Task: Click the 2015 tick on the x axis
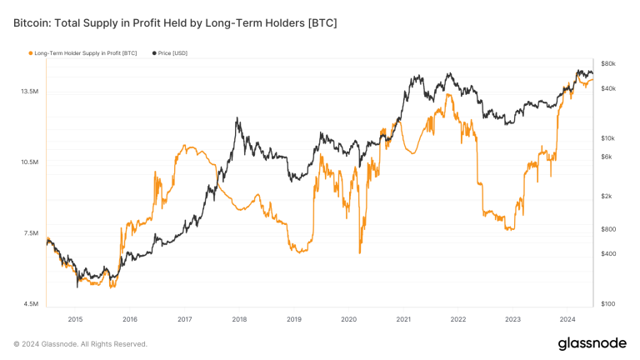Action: tap(75, 319)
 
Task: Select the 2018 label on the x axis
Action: tap(239, 319)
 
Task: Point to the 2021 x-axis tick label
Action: tap(403, 319)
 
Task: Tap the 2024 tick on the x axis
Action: tap(567, 319)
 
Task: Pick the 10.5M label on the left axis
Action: tap(30, 162)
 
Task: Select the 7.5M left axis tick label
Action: tap(32, 233)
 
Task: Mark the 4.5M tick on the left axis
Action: tap(32, 304)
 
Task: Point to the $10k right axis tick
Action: tap(607, 137)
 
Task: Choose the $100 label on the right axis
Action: tap(607, 304)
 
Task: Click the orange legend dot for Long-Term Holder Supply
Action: tap(31, 53)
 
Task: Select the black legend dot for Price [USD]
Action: tap(154, 53)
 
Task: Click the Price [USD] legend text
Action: tap(174, 53)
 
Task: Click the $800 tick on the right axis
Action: tap(607, 229)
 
